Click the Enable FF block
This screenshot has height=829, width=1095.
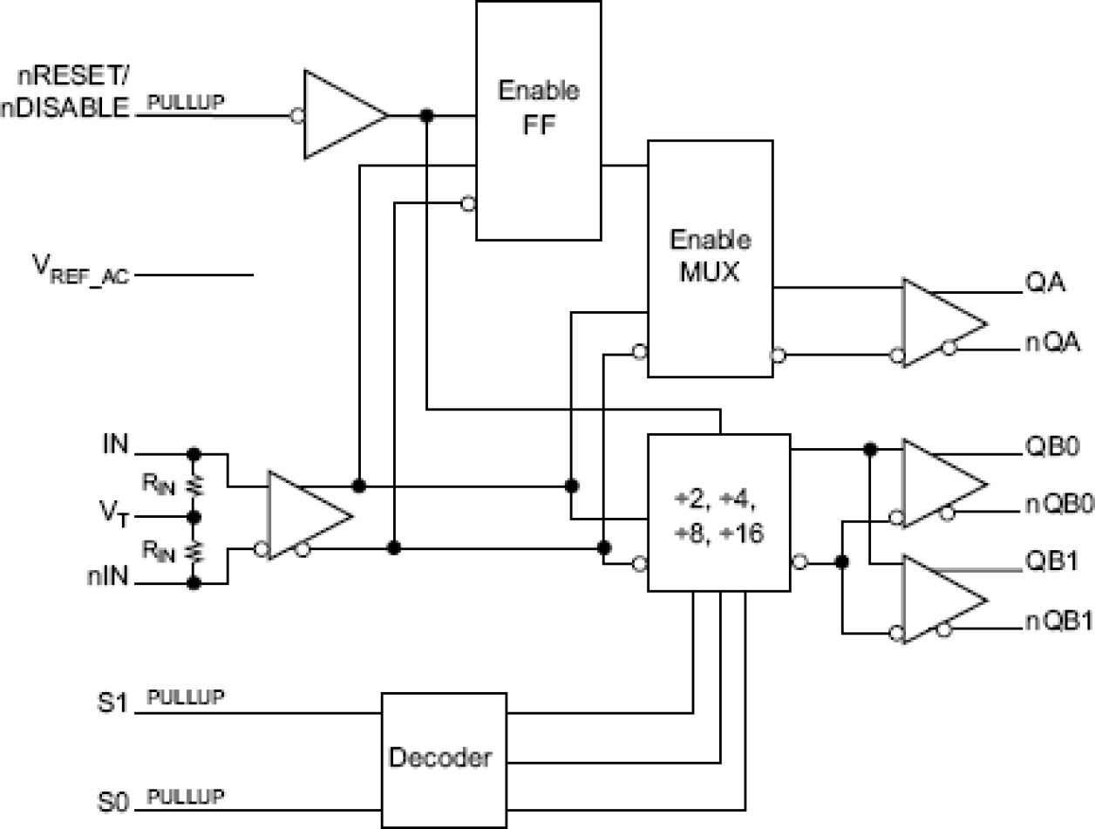(x=537, y=120)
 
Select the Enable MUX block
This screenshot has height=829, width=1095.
(x=709, y=258)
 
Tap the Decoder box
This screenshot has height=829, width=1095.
(x=444, y=758)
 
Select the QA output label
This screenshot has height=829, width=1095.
(x=1040, y=284)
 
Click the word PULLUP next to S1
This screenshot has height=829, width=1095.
(x=186, y=697)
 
